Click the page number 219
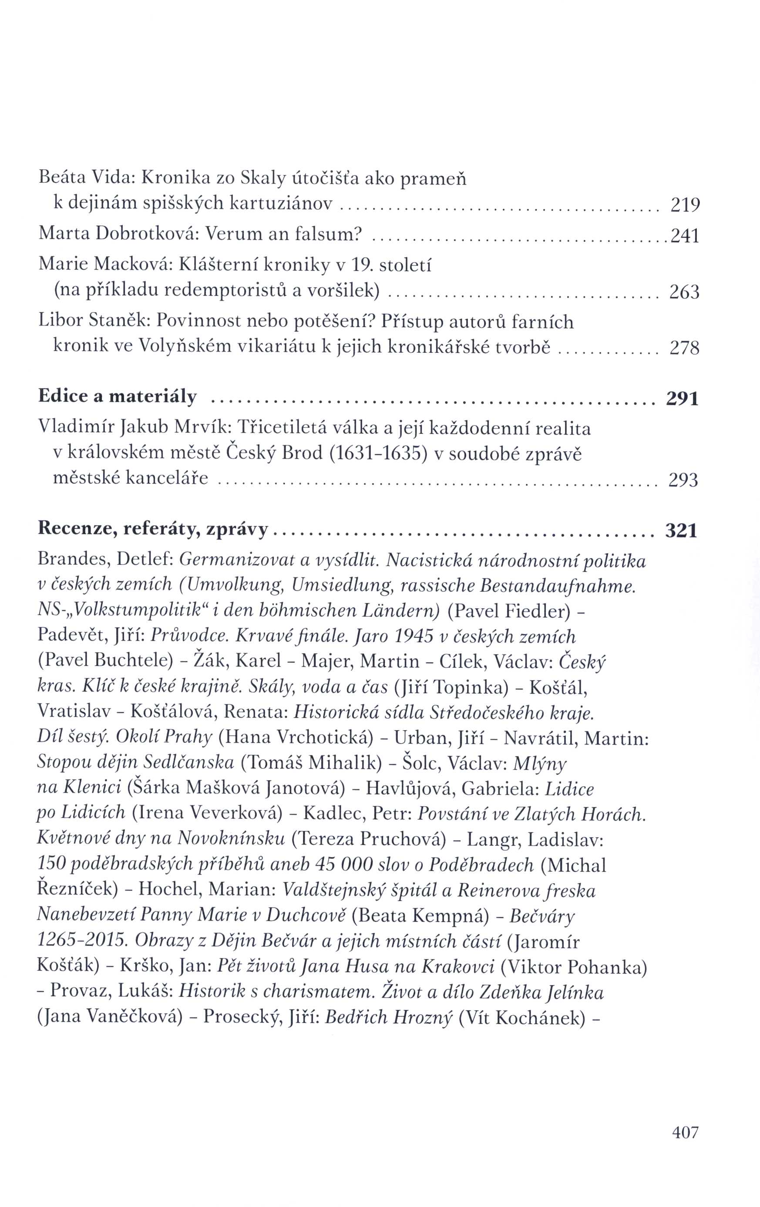(x=684, y=205)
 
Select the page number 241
(x=684, y=235)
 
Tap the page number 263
(x=684, y=292)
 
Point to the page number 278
(x=684, y=348)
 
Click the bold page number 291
(x=682, y=399)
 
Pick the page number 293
(x=683, y=480)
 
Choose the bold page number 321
(x=681, y=530)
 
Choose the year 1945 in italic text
(x=413, y=636)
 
